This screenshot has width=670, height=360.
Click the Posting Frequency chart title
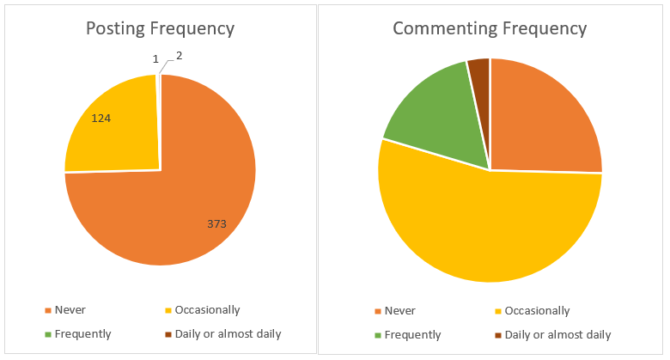pos(160,28)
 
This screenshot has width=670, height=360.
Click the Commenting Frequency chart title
pos(490,28)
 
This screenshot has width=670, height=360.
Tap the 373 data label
pos(216,223)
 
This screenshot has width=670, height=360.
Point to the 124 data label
pos(101,118)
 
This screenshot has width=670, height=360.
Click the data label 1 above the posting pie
pos(155,59)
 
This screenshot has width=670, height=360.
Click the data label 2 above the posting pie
pos(179,56)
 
